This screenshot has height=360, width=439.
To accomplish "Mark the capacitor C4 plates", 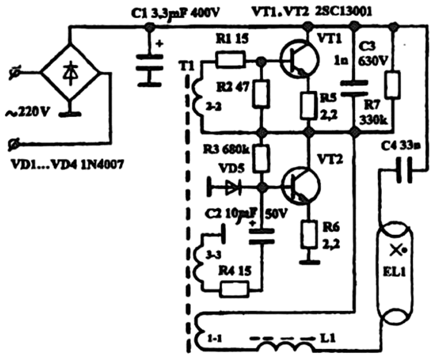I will point(401,170).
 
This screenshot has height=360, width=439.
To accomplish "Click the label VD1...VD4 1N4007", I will point(64,167).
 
